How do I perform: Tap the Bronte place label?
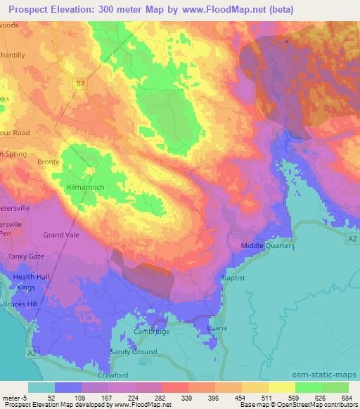point(48,162)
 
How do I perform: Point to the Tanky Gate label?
point(26,257)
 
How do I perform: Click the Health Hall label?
point(28,278)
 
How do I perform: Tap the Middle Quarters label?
point(267,245)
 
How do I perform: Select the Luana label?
point(217,327)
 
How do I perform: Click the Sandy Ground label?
point(133,351)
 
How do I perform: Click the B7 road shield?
point(81,82)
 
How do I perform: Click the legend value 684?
point(347,397)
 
